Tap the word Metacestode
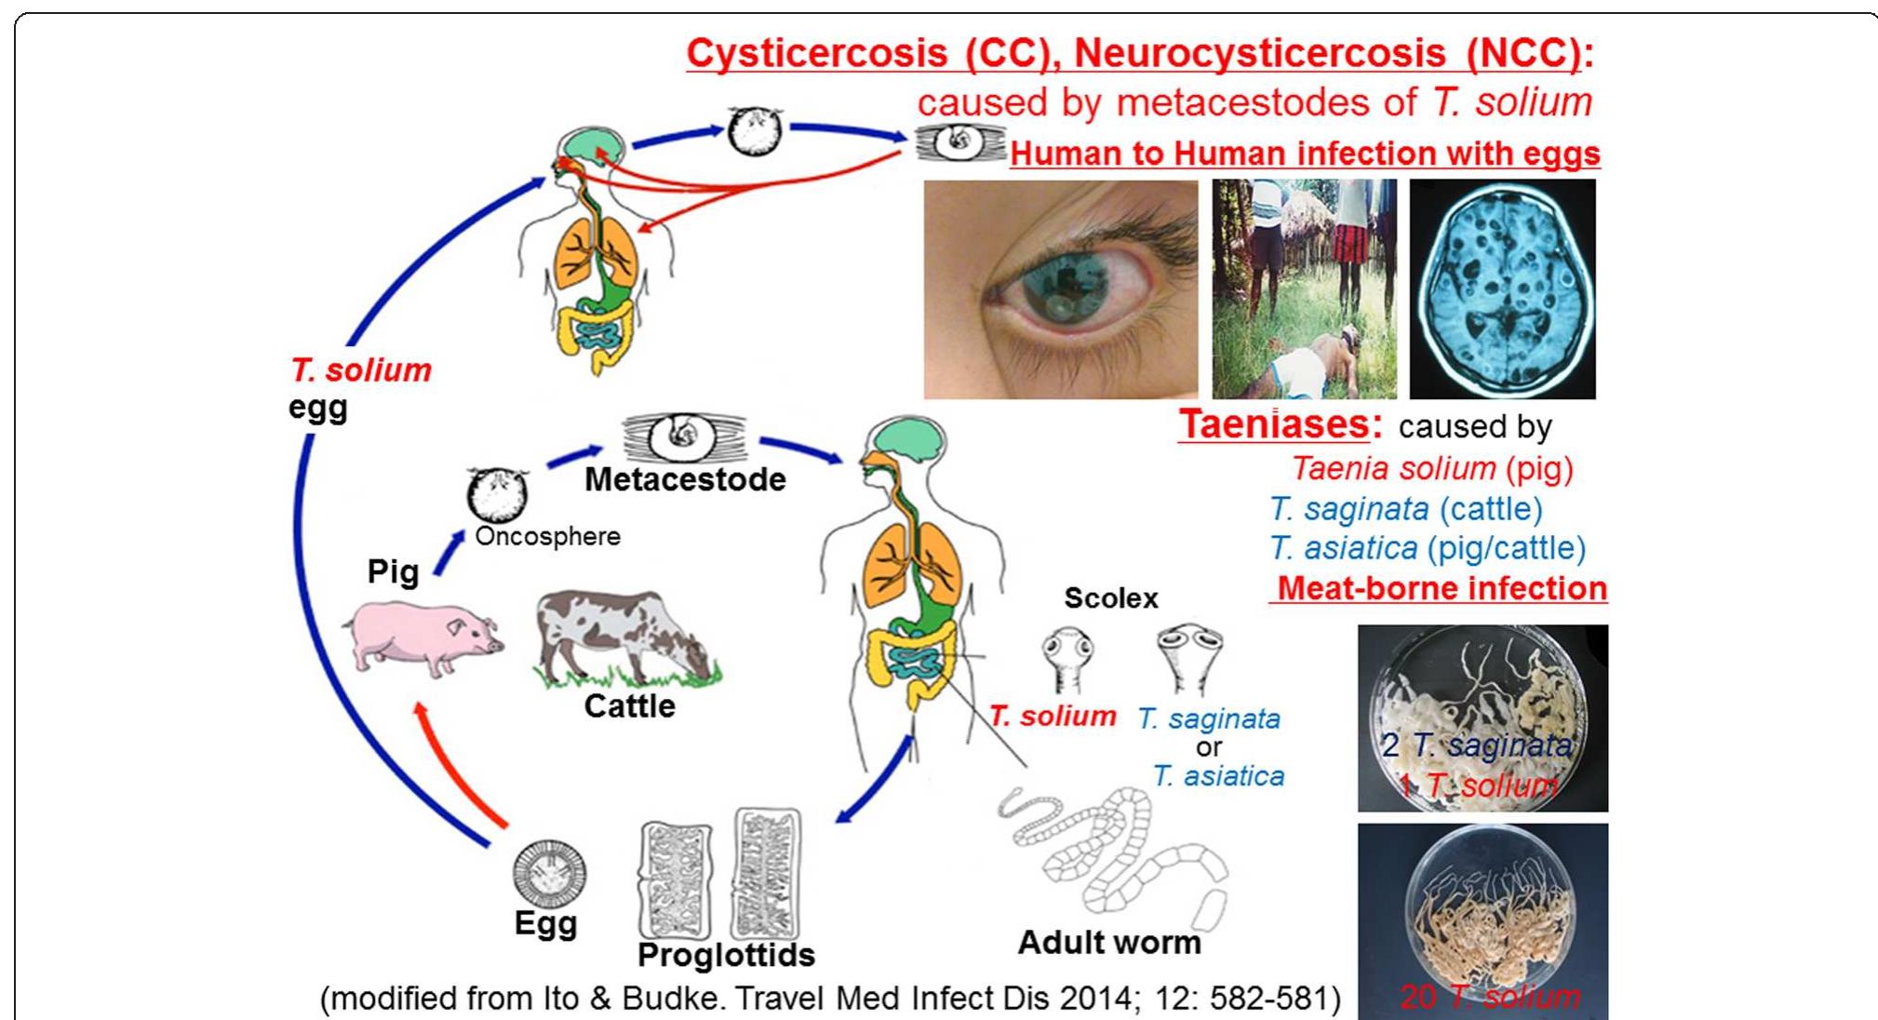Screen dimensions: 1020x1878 [x=685, y=480]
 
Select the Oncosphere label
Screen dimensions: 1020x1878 [x=547, y=537]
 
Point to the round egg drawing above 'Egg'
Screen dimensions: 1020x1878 [x=550, y=873]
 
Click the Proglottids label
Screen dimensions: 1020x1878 [x=726, y=955]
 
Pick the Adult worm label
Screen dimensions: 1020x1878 [x=1108, y=943]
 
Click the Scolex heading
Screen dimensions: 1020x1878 [x=1110, y=598]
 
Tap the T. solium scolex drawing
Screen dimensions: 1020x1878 [x=1066, y=657]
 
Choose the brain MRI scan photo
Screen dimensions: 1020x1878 [x=1501, y=289]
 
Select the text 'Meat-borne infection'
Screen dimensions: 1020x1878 [x=1442, y=589]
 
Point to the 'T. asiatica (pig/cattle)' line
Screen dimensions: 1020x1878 [x=1428, y=549]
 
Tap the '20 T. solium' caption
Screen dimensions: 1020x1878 [x=1489, y=997]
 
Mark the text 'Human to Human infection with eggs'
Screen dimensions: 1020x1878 [x=1305, y=154]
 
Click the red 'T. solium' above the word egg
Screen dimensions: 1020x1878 [x=361, y=370]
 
